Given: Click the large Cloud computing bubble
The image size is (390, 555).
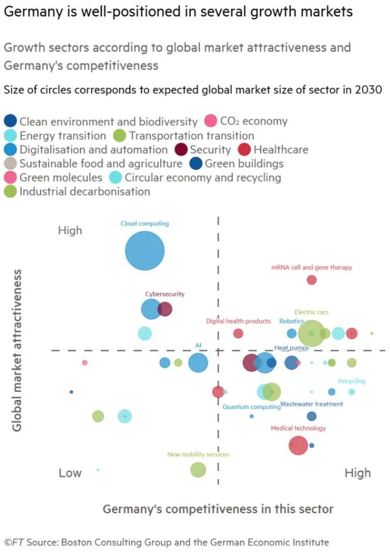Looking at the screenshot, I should coord(145,251).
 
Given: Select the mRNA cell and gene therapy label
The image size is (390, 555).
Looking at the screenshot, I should coord(312,268).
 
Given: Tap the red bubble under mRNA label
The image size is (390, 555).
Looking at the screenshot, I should coord(312,280).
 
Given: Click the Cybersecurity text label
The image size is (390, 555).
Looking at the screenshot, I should coord(164,294).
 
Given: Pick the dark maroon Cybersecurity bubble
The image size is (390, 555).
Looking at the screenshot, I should coord(165,309).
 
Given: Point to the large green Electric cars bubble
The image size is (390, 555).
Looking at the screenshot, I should coord(311,333).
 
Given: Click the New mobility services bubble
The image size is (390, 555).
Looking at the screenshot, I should coord(197,470).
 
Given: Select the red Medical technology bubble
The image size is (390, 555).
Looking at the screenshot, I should coord(298,445).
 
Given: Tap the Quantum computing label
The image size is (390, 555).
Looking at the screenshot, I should coord(251,407).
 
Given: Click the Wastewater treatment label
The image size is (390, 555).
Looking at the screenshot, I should coord(312,404).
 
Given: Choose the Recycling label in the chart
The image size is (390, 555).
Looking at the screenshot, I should coord(351,381).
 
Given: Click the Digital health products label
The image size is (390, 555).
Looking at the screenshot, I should coord(238,322).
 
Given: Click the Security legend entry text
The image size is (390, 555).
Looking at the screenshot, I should coord(210,150).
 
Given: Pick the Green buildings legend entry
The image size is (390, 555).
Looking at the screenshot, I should coord(244,164).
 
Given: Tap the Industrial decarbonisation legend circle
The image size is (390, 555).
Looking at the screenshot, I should coord(11,192).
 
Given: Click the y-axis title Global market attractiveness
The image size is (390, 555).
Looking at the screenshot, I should coord(17,350).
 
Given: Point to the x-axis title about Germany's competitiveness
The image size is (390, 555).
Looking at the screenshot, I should coord(217,509).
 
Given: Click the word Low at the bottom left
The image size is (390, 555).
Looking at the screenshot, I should coord(70,473).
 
